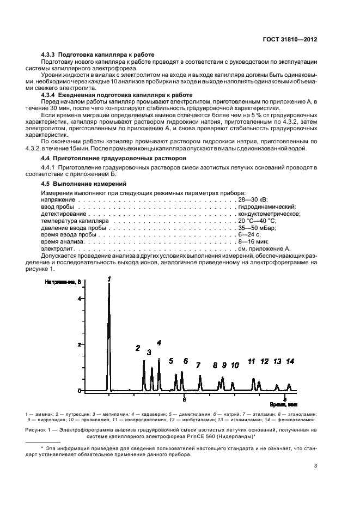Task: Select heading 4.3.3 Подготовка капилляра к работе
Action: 98,54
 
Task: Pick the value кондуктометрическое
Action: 269,214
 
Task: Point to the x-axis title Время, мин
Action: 284,405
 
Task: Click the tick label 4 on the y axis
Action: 79,299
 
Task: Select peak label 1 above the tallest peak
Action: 109,279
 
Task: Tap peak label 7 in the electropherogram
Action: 198,365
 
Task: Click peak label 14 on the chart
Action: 290,361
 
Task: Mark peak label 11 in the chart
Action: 252,361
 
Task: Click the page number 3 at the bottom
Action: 316,466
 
